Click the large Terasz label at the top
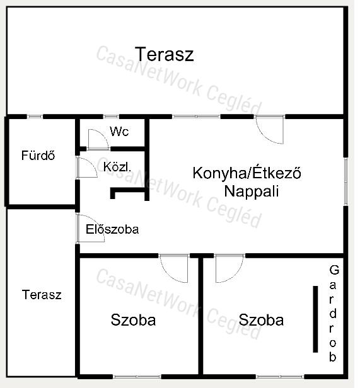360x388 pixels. click(x=165, y=54)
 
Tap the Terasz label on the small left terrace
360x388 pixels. click(x=42, y=295)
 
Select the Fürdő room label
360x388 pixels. click(x=38, y=156)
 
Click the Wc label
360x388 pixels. click(x=119, y=131)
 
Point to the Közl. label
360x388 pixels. click(x=117, y=167)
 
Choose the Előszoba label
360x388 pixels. click(x=112, y=229)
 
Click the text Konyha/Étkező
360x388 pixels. click(x=247, y=173)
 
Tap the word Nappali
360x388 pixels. click(x=251, y=191)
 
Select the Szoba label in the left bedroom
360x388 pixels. click(x=133, y=320)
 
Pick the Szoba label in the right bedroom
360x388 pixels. click(x=261, y=320)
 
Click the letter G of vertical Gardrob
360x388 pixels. click(x=334, y=270)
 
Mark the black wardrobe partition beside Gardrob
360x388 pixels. click(x=315, y=319)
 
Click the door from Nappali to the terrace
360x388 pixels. click(x=270, y=129)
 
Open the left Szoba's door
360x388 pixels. click(x=173, y=268)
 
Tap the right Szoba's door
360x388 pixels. click(x=229, y=268)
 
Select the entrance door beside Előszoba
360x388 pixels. click(x=90, y=228)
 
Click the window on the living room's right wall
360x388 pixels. click(x=346, y=181)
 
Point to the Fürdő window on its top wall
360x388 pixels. click(x=35, y=117)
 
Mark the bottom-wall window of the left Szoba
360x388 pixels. click(x=137, y=377)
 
